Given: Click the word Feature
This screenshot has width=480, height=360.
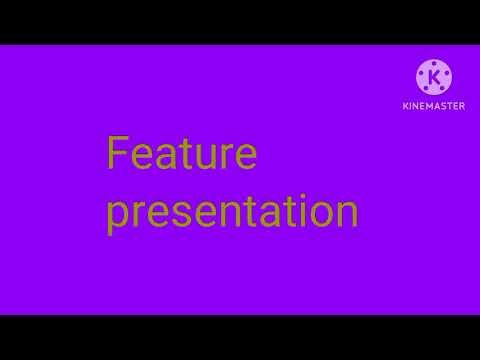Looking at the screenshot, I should pos(182,155).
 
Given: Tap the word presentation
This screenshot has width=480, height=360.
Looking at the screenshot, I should pos(232,212).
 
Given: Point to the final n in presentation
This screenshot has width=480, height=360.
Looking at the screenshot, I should pos(344,213).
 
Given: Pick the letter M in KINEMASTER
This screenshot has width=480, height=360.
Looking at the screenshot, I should pos(433,106).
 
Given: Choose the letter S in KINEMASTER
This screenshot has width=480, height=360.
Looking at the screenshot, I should pos(447,106).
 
